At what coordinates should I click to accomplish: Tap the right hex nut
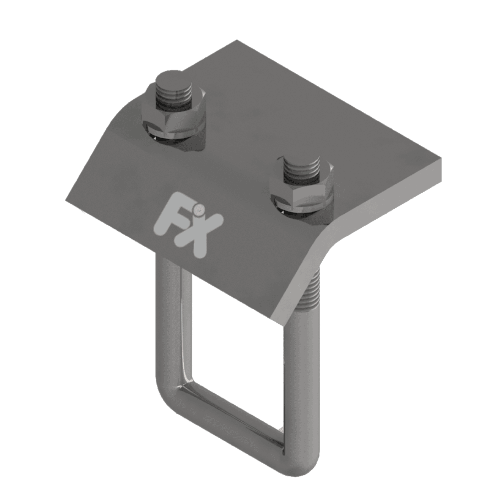click(x=302, y=190)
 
